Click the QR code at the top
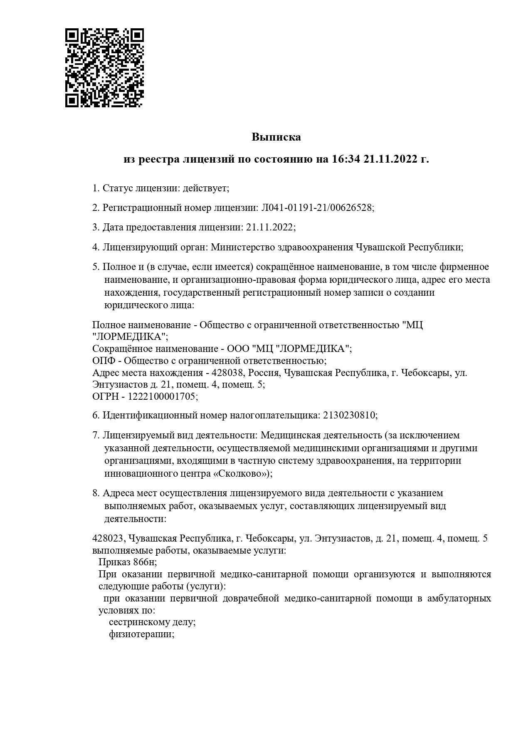[x=104, y=68]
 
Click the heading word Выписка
[x=276, y=137]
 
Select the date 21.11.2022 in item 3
[x=269, y=227]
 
